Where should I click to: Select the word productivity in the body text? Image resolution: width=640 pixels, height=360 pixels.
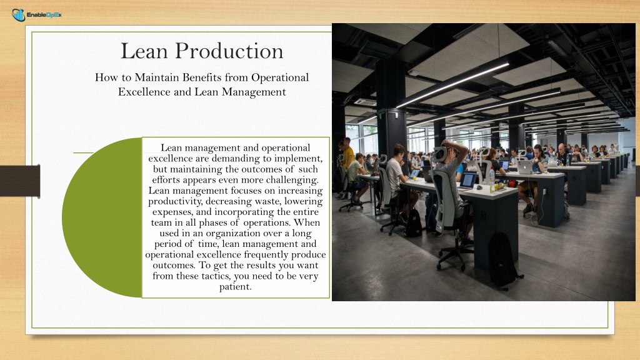176,201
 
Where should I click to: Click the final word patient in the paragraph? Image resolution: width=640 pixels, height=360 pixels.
235,287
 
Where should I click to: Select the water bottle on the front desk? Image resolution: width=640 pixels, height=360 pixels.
492,181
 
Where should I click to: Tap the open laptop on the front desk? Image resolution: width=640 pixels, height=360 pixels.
467,181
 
